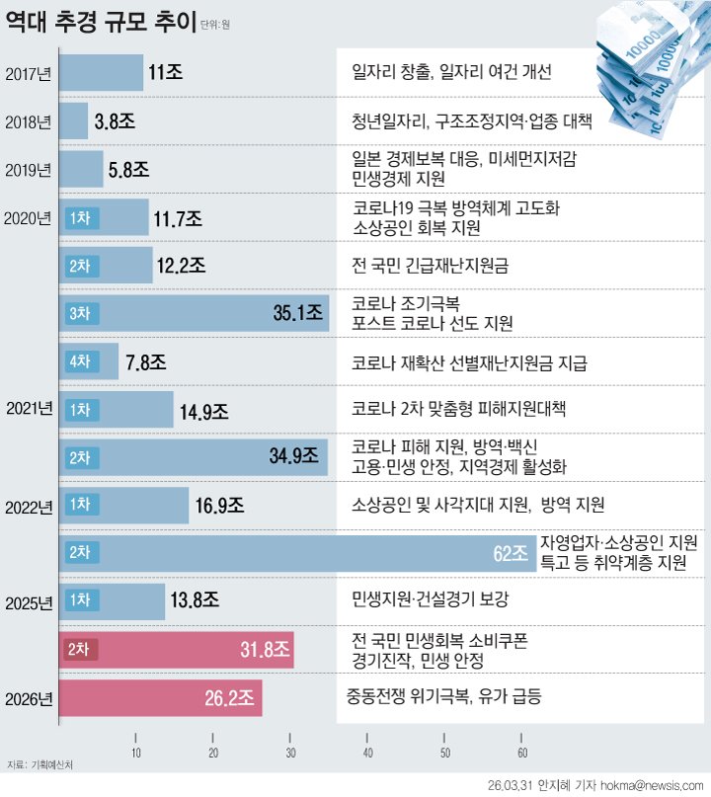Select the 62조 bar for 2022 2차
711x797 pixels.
296,551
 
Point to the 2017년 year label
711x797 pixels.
29,73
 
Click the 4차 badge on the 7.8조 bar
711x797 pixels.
79,362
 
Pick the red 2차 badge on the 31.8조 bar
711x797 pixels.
78,649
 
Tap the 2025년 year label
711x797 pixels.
29,601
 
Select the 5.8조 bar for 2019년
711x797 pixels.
82,169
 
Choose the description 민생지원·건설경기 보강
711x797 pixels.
430,599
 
